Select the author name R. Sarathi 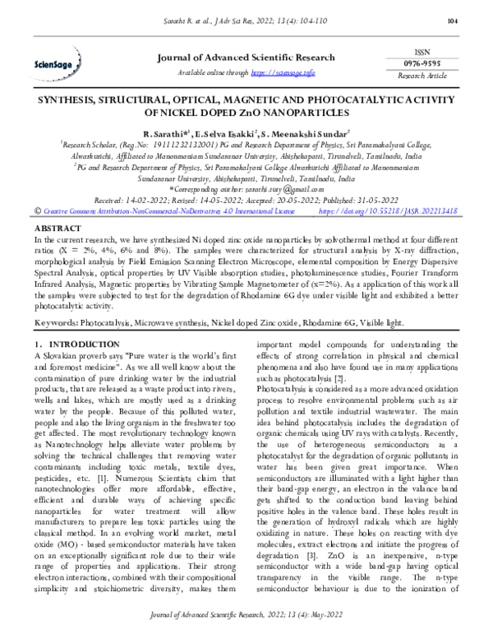point(167,132)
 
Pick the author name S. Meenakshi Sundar point(306,132)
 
